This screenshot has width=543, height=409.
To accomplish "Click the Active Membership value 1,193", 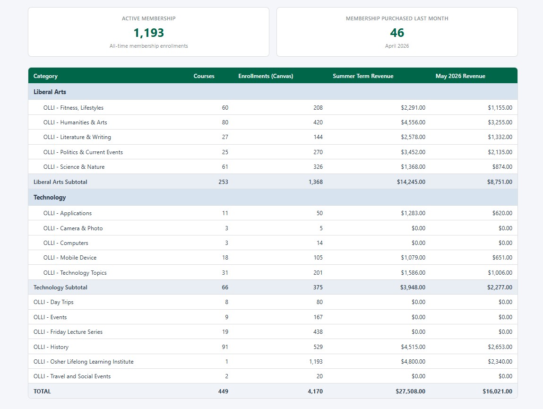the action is point(148,33).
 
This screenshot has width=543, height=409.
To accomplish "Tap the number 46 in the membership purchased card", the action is point(397,33).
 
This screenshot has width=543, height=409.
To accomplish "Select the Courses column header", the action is point(204,76).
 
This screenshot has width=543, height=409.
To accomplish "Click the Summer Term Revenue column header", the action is point(363,76).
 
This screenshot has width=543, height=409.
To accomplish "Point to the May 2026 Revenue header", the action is point(460,76).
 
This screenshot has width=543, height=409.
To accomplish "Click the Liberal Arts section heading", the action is point(50,92).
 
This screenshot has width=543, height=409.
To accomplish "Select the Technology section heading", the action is point(50,197).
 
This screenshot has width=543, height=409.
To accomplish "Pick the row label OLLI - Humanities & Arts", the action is point(75,122).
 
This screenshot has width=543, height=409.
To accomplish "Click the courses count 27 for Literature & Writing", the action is point(225,137).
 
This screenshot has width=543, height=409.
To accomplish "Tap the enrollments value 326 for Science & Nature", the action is point(318,167).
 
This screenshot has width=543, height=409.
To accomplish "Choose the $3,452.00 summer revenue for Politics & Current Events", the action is point(413,152).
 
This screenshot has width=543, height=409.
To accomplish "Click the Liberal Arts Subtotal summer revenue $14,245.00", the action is point(411,182).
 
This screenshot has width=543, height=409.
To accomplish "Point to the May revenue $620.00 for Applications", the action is point(502,213).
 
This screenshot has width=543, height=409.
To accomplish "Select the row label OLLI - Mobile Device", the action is point(70,258).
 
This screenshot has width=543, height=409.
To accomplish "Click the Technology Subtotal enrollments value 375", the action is point(318,287).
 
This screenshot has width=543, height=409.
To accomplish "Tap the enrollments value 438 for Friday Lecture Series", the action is point(318,332).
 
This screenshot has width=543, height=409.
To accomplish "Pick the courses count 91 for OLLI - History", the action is point(225,347).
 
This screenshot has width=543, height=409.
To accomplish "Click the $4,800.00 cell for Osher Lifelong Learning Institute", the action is point(413,362).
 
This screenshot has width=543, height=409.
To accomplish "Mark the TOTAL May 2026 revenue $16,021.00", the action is point(497,392).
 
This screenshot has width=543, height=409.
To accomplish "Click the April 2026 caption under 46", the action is point(397,46).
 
